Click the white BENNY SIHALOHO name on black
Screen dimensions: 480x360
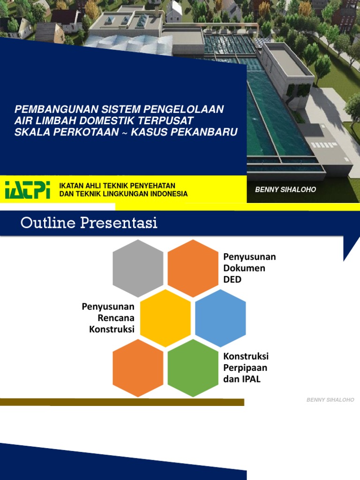(x=285, y=190)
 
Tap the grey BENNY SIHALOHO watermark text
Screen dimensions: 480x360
(x=330, y=400)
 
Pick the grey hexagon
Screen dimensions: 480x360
(x=138, y=268)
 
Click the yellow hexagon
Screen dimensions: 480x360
(x=165, y=318)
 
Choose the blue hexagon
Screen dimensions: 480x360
(x=220, y=318)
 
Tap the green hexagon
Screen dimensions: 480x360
(x=193, y=368)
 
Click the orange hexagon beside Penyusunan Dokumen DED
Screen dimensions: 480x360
(x=193, y=268)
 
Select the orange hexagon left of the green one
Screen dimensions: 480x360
(x=138, y=368)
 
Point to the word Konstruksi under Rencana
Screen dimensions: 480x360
(x=112, y=329)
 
